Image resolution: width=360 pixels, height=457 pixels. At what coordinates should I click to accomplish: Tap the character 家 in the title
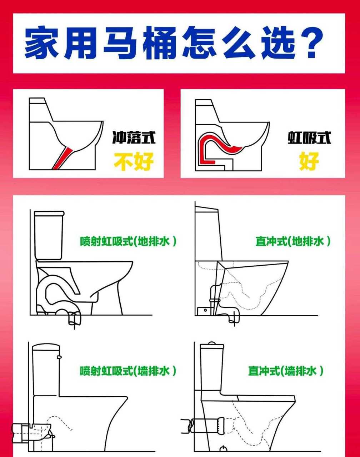point(42,43)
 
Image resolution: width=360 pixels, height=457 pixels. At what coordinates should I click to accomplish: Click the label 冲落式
point(134,137)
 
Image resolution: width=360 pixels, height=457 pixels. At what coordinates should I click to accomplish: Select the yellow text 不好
point(134,161)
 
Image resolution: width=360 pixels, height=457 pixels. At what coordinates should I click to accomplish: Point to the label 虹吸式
point(309,137)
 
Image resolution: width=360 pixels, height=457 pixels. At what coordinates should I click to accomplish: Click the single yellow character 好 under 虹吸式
point(309,161)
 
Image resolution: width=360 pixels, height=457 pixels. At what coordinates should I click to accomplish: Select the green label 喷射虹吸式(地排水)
point(128,241)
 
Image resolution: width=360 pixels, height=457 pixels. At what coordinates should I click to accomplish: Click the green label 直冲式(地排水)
point(293,241)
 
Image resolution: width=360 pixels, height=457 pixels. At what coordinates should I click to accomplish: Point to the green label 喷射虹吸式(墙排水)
point(128,371)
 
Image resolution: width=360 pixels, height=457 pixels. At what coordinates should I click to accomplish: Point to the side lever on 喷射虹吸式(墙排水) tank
point(59,356)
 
